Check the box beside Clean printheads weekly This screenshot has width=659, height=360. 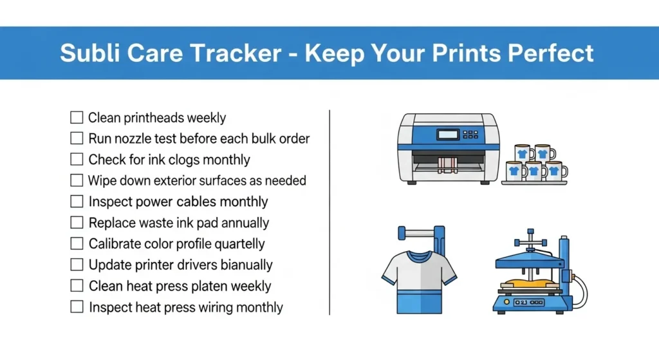pyautogui.click(x=77, y=118)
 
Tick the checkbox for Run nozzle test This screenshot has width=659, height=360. pyautogui.click(x=77, y=138)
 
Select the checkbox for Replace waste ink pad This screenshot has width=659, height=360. pyautogui.click(x=77, y=223)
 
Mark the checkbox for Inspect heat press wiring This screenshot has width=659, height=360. pyautogui.click(x=77, y=307)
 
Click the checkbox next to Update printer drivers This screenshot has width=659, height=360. pyautogui.click(x=77, y=265)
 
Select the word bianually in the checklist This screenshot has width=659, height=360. pyautogui.click(x=246, y=265)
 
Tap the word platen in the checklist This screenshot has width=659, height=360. pyautogui.click(x=210, y=286)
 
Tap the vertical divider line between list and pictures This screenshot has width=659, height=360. pyautogui.click(x=329, y=213)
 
